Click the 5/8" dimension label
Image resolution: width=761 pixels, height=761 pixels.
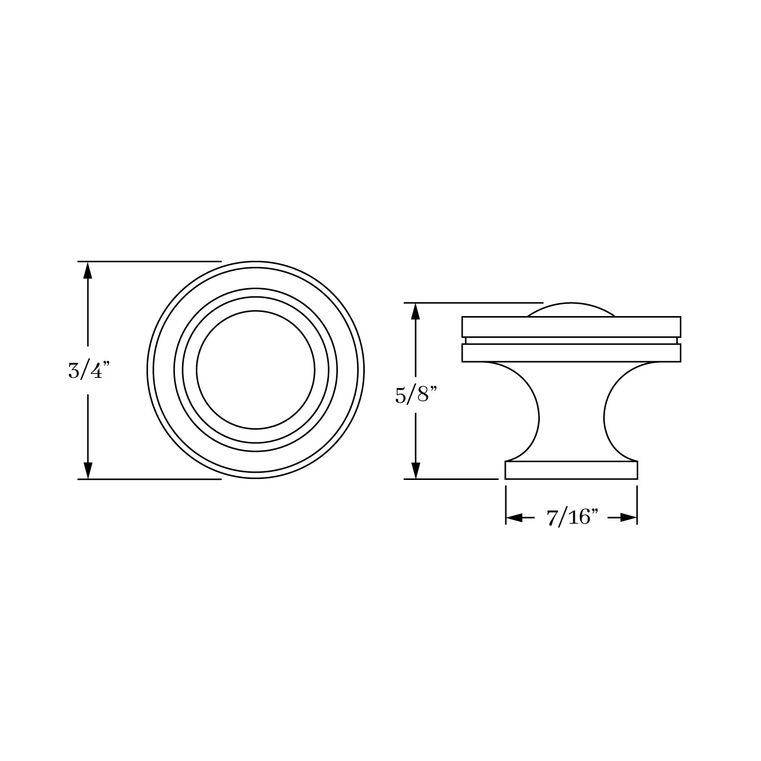416,395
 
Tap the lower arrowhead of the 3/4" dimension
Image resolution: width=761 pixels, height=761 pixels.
88,470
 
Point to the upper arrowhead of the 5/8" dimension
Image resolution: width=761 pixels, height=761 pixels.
416,312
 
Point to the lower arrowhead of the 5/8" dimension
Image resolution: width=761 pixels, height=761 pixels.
416,470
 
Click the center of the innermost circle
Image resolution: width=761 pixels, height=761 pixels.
256,370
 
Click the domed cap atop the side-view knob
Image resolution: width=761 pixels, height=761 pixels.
571,310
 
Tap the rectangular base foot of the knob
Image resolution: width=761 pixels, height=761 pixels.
571,470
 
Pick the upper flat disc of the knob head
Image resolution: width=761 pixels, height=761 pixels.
571,327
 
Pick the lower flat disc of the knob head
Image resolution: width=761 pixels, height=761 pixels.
571,353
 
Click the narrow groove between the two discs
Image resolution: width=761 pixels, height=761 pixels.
571,340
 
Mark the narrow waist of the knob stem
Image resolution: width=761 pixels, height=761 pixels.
571,419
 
